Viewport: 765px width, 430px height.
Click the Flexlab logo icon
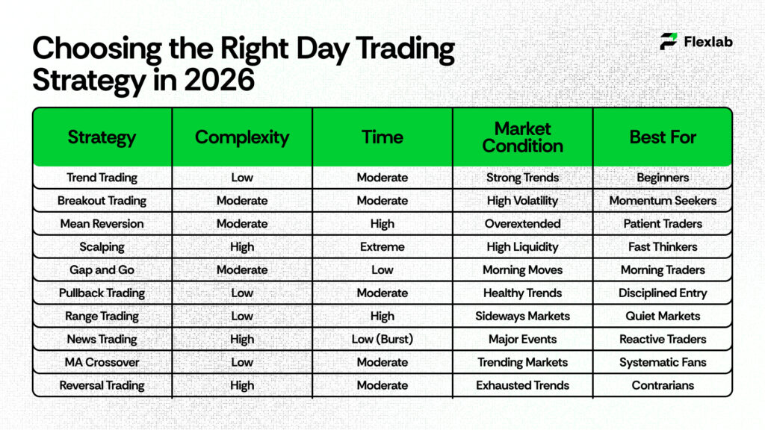pos(669,42)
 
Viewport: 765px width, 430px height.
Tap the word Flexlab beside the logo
pos(708,42)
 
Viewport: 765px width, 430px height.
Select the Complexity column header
pos(242,137)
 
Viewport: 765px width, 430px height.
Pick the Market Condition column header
pos(522,137)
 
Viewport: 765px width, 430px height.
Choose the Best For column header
pos(663,137)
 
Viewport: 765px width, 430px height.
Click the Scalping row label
pos(102,247)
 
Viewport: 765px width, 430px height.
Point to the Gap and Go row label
pos(102,270)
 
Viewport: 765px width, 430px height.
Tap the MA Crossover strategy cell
pos(102,363)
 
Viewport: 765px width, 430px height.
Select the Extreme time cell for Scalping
pos(382,247)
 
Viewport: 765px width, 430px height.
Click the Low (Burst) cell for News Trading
pos(382,340)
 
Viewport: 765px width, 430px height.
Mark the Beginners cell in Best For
pos(663,178)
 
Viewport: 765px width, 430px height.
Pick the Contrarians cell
pos(663,386)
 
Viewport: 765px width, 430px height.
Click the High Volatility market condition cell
pos(522,201)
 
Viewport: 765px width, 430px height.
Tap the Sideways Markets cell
pos(522,317)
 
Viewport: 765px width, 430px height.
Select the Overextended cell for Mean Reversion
pos(522,224)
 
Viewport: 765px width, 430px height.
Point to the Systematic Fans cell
pos(663,363)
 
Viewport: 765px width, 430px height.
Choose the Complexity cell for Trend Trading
pos(242,178)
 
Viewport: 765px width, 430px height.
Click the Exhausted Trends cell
pos(522,386)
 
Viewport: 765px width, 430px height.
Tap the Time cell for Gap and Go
pos(382,270)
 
